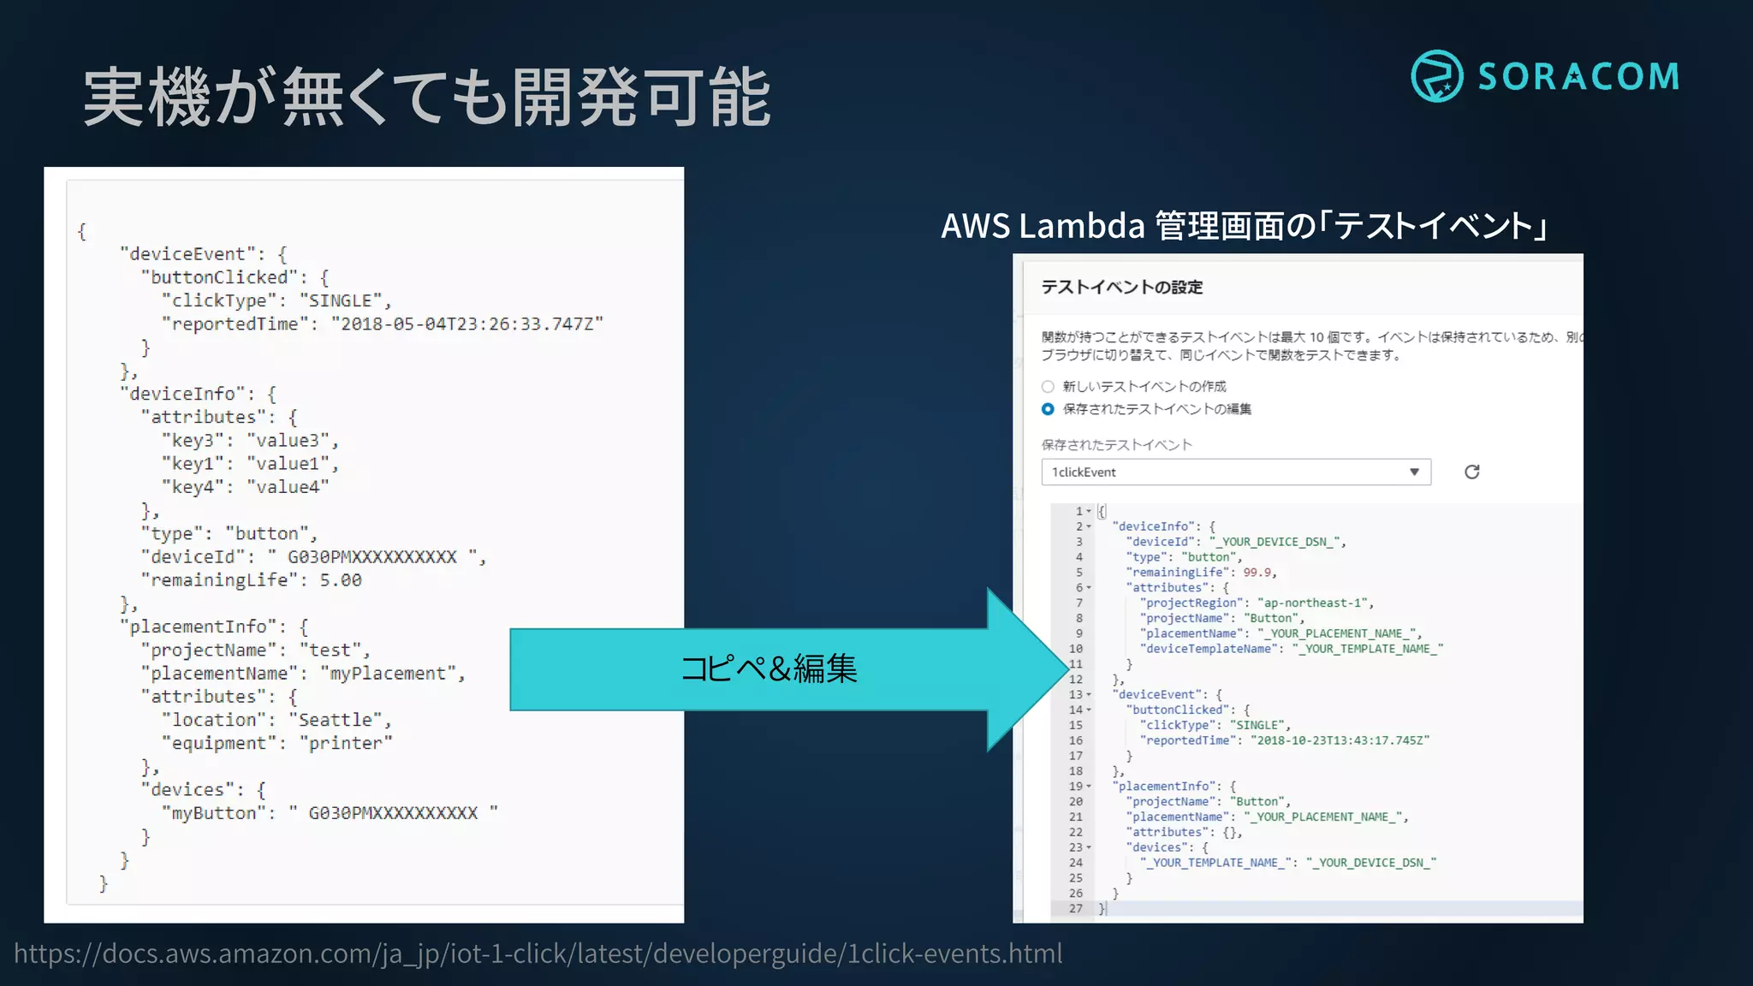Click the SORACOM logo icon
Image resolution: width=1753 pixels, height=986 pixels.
(1436, 76)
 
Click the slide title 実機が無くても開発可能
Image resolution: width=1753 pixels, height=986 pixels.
(427, 98)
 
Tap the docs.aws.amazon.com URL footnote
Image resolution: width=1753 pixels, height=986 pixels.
(538, 953)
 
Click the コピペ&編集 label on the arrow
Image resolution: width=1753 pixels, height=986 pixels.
(769, 668)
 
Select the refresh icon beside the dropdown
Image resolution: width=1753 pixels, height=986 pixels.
(1471, 472)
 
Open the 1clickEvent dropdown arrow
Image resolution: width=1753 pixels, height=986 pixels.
(1414, 472)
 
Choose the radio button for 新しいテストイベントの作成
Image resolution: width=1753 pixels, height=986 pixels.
(1048, 387)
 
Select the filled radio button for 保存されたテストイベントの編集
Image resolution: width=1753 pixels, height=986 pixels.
(1048, 409)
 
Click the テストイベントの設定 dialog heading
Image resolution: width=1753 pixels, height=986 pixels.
(1121, 288)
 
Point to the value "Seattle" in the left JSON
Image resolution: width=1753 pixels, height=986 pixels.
(339, 720)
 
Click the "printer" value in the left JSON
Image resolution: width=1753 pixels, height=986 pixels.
(349, 743)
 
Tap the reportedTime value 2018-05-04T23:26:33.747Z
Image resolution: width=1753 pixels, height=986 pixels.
(467, 324)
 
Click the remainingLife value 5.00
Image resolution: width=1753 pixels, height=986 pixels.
(341, 580)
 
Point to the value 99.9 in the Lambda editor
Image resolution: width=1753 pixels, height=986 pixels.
(1257, 573)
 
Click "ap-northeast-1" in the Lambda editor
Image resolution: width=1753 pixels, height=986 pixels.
(1314, 603)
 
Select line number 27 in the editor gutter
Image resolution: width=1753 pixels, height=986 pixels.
(1076, 909)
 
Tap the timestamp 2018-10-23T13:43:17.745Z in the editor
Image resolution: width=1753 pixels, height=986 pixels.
(1340, 740)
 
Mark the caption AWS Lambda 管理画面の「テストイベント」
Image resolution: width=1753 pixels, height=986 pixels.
(1245, 226)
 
